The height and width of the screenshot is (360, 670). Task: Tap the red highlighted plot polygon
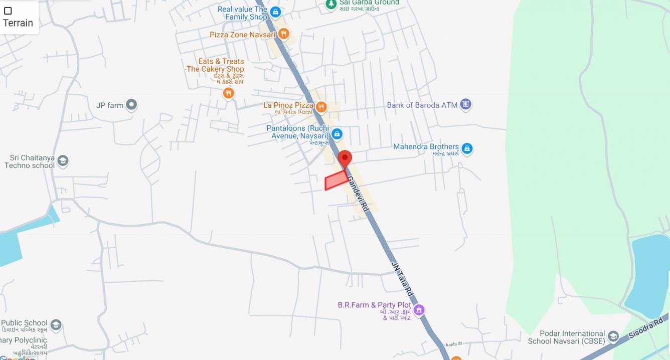coord(336,181)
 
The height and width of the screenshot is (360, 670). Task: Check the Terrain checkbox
coord(8,11)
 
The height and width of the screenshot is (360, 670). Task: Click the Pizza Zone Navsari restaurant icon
coord(284,34)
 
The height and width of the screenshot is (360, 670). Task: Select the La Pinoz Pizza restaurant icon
coord(321,106)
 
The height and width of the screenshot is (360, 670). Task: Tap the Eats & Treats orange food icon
coord(228,93)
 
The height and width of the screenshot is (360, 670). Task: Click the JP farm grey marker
coord(131,105)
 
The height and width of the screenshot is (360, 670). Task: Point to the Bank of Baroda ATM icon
coord(466,105)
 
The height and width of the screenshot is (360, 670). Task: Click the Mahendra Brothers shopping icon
coord(467,148)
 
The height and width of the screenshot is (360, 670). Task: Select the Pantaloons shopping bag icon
coord(337,134)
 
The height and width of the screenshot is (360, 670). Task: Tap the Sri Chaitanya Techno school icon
coord(63,161)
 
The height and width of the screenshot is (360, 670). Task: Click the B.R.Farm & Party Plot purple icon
coord(419,310)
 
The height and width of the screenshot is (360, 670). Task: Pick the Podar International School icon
coord(613,336)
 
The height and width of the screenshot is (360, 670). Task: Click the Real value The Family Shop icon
coord(275,12)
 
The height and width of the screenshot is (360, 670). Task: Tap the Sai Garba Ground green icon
coord(330,4)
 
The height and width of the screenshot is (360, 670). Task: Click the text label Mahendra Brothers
coord(426,146)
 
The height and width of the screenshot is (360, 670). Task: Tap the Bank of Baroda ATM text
coord(422,105)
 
